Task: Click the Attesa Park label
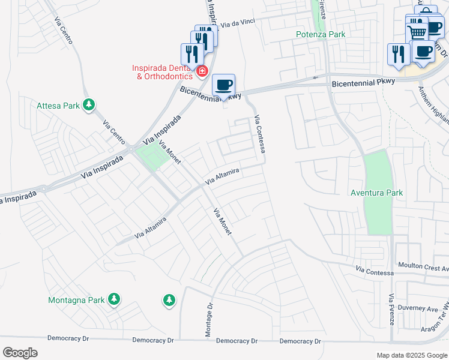tap(58, 106)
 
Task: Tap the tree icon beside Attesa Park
tap(89, 106)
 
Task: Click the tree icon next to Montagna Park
tap(113, 299)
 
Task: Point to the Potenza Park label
tap(321, 35)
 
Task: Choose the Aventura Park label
tap(377, 193)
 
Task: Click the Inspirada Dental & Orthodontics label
tap(163, 72)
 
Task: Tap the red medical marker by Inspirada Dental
tap(202, 72)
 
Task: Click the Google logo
tap(19, 353)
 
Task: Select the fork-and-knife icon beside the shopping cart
tap(399, 54)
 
